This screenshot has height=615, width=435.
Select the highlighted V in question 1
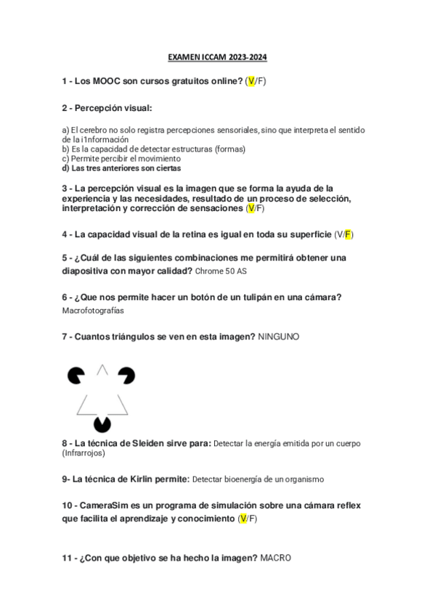point(251,82)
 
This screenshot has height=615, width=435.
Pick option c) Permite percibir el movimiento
point(121,158)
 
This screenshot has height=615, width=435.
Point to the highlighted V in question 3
point(251,208)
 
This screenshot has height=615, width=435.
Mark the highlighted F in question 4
point(348,234)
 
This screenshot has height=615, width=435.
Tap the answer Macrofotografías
point(94,310)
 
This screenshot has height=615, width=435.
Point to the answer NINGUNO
point(279,337)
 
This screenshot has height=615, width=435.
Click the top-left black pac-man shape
point(76,376)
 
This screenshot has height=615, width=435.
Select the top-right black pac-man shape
point(128,375)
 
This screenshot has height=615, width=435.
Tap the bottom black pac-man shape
point(102,424)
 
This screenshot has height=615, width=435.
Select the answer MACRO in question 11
point(275,558)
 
